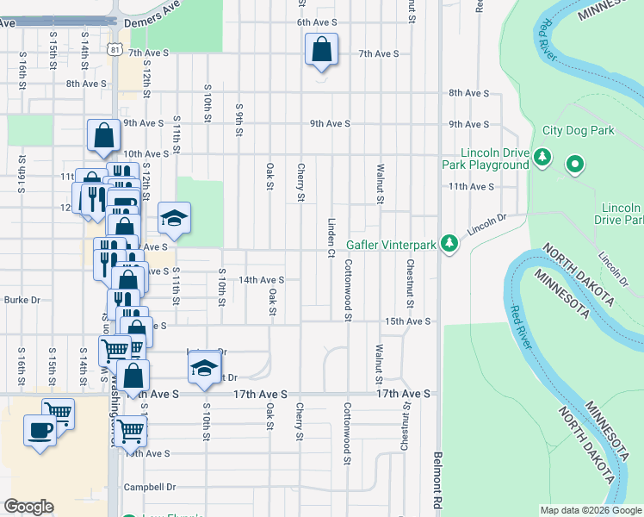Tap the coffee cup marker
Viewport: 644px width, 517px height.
pos(40,428)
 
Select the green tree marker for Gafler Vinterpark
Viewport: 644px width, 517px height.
pos(449,245)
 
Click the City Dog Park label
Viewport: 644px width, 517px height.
pos(578,131)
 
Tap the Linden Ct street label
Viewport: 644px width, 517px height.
pos(331,237)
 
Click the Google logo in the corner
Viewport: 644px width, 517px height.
pos(28,507)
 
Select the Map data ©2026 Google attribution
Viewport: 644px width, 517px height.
pos(590,510)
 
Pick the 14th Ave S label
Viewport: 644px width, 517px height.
pos(261,280)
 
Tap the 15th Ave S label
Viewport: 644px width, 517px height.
pos(406,321)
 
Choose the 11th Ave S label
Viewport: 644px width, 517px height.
pos(471,186)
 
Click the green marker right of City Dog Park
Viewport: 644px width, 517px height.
pos(574,163)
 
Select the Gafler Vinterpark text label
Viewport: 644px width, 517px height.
pos(393,245)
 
